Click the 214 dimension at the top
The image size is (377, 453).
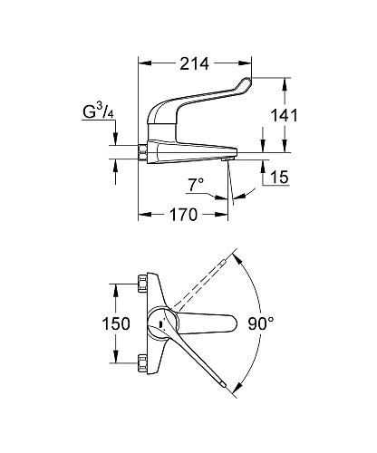point(194,64)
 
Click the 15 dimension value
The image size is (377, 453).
point(278,178)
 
